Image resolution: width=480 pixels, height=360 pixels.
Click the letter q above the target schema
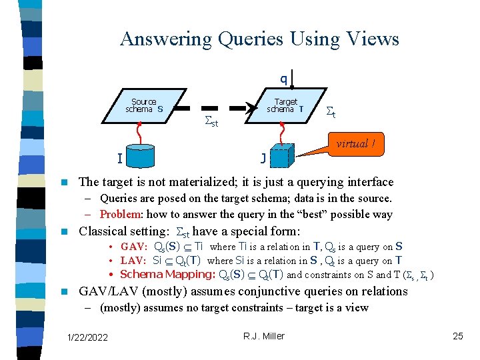point(283,79)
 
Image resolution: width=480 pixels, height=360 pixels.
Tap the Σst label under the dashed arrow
point(211,123)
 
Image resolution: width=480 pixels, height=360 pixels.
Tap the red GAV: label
point(134,247)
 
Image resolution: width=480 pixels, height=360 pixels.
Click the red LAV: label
point(134,261)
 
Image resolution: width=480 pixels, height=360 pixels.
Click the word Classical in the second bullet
point(104,232)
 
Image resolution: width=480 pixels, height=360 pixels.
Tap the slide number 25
point(458,336)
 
